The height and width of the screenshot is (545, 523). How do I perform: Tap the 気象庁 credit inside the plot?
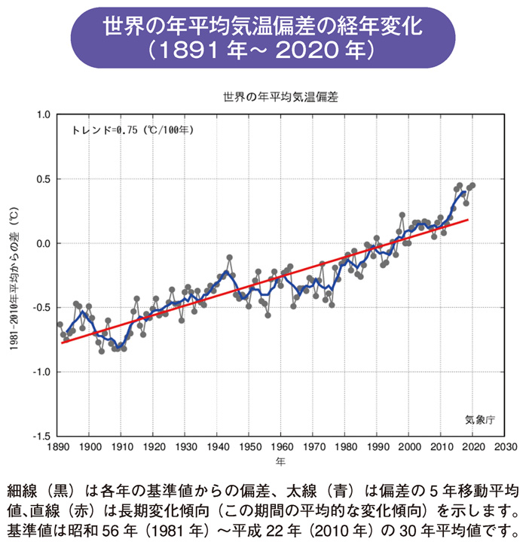[x=479, y=419]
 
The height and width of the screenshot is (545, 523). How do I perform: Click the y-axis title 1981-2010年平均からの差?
[x=14, y=274]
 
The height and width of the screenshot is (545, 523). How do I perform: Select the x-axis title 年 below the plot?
[x=280, y=459]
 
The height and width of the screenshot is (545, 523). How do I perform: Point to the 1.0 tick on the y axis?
[x=43, y=115]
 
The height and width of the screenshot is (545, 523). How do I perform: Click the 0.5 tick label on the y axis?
[x=43, y=179]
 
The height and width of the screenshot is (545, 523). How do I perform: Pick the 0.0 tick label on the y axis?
[x=43, y=244]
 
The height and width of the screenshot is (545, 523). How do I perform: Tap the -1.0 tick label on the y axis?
[x=41, y=372]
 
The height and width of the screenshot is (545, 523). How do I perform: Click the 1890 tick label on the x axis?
[x=57, y=446]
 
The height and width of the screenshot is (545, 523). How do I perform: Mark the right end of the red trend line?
[x=469, y=220]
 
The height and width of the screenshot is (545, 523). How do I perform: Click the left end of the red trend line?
[x=62, y=343]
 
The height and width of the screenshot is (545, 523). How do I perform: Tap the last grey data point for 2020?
[x=473, y=185]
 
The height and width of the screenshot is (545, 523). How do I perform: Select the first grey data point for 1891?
[x=60, y=324]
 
